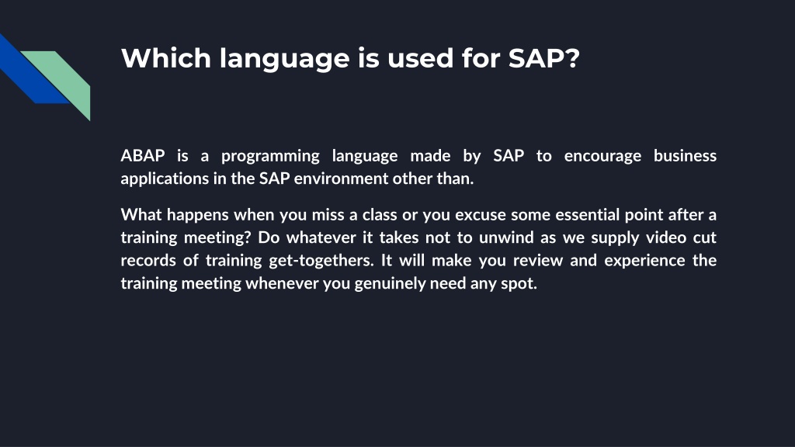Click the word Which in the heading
(x=166, y=57)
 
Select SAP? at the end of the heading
(x=544, y=57)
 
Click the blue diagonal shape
(x=30, y=71)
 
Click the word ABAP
(x=143, y=155)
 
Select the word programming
(x=270, y=156)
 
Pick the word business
(x=685, y=155)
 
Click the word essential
(x=588, y=214)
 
